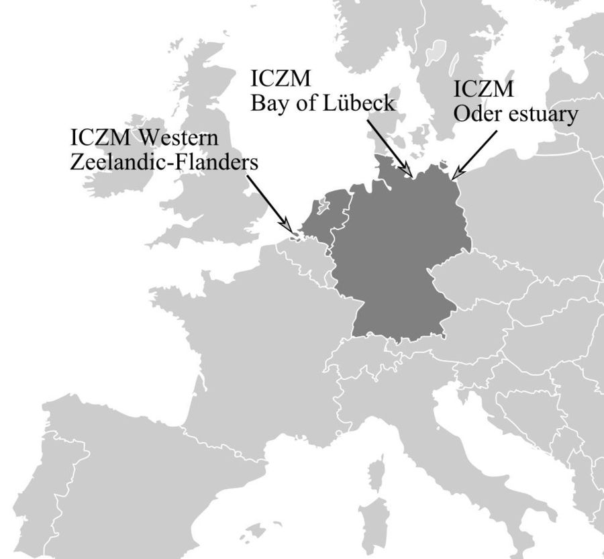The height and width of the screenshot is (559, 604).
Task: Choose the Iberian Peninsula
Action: [x=101, y=476]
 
